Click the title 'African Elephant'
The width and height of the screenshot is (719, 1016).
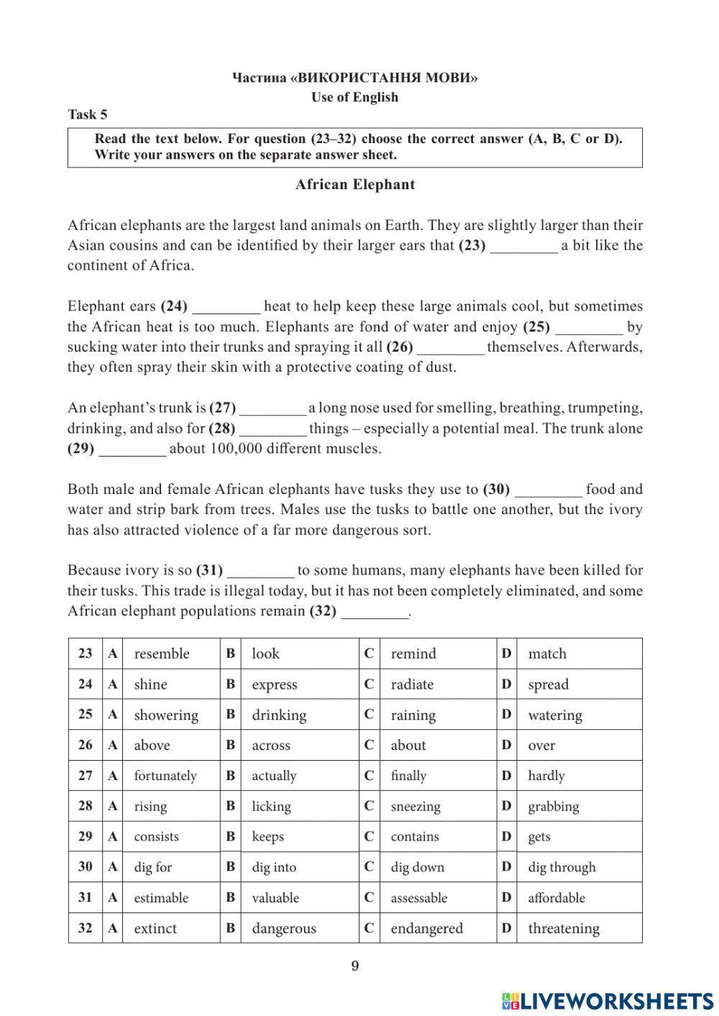coord(354,185)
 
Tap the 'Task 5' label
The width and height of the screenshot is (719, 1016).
coord(88,114)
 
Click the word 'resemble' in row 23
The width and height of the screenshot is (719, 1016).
coord(162,654)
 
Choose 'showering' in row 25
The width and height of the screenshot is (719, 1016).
coord(166,715)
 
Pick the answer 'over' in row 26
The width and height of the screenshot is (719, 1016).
coord(541,746)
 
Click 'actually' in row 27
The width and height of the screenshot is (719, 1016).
coord(274,776)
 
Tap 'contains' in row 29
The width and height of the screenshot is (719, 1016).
coord(415,837)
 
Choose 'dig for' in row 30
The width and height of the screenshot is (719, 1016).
coord(153,867)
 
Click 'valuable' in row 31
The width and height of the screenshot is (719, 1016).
coord(275,898)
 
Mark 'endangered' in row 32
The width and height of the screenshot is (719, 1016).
coord(426,928)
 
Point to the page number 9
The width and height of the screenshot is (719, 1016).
coord(354,966)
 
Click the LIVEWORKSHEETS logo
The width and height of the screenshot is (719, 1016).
coord(608,1000)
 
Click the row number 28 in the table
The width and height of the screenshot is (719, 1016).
coord(86,806)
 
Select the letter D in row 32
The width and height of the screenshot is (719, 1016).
coord(506,928)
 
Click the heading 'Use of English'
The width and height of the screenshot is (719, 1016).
coord(354,97)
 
